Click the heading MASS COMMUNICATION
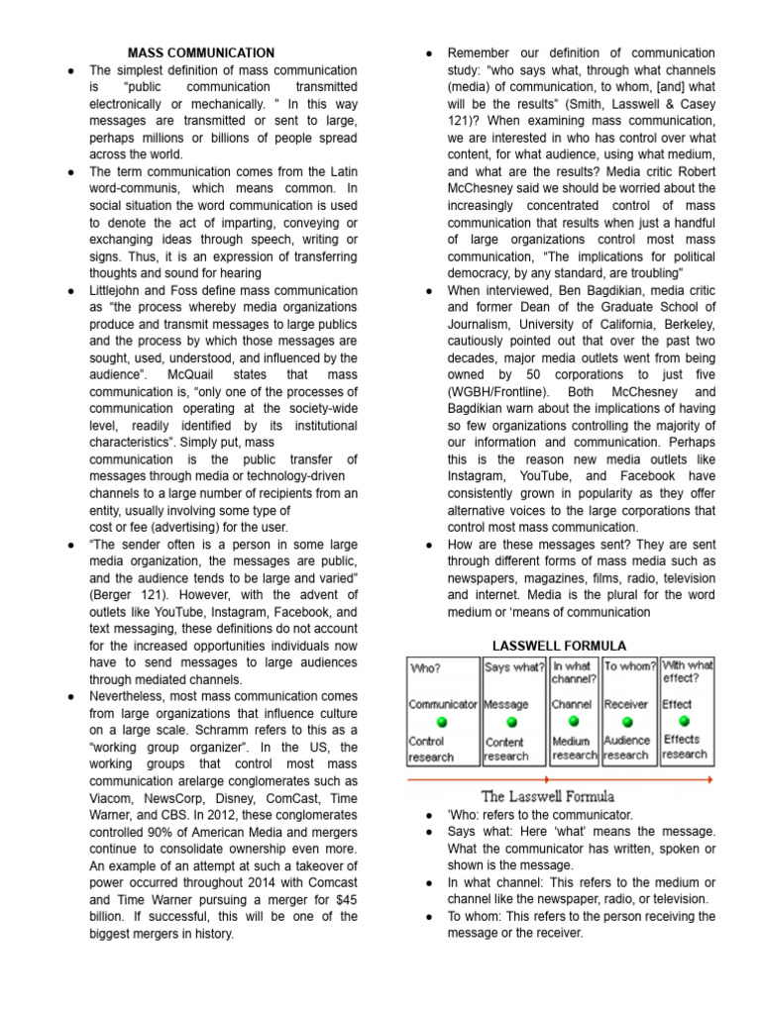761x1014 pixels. tap(201, 52)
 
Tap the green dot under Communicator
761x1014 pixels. tap(442, 722)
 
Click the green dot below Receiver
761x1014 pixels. tap(626, 722)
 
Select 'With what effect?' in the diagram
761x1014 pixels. tap(687, 672)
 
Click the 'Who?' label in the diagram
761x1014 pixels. tap(426, 667)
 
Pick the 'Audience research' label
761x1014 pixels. tap(626, 748)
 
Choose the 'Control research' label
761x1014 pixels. tap(431, 749)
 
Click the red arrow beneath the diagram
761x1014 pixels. tap(560, 779)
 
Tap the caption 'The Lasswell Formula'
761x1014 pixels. tap(548, 796)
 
